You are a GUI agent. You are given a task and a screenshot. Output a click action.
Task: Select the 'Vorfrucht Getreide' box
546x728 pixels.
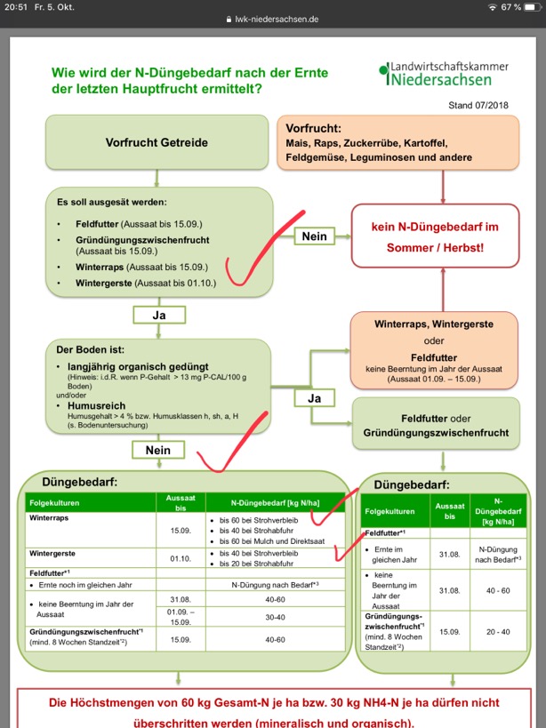click(157, 142)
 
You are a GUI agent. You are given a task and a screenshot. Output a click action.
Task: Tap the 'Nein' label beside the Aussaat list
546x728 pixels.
click(314, 236)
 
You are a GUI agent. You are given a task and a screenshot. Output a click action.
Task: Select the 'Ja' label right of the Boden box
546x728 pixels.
click(314, 398)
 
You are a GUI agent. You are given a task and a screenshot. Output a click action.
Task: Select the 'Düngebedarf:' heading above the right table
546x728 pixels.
click(410, 486)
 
